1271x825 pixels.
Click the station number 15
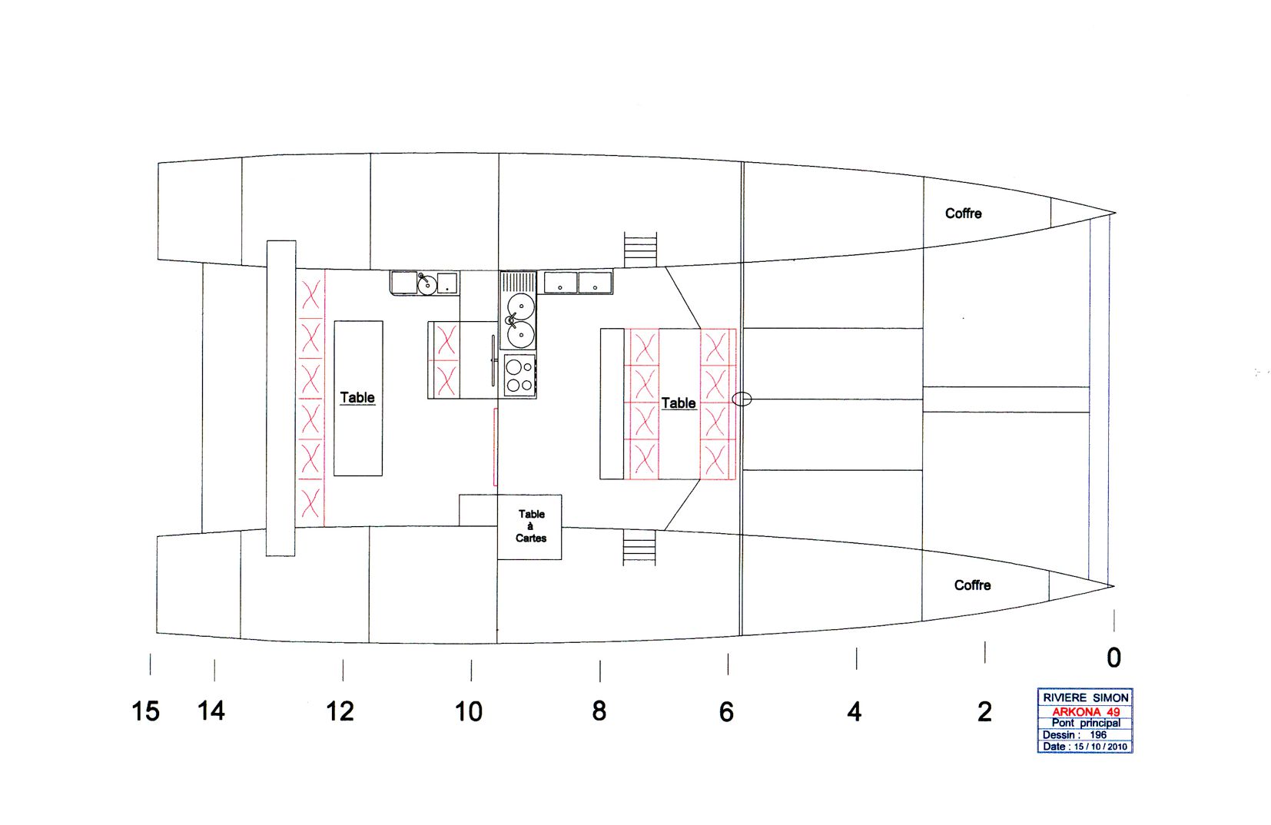145,711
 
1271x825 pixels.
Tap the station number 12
340,711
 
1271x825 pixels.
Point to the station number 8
599,711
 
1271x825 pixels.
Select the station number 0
1113,658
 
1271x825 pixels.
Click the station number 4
855,711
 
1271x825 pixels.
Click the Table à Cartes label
531,526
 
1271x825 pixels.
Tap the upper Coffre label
964,214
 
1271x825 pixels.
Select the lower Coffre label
973,585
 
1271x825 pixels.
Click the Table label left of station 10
357,397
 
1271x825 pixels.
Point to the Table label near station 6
679,403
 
